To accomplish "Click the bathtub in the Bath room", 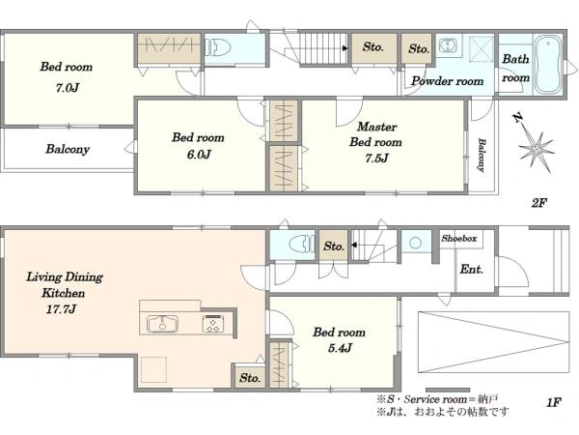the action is point(546,65).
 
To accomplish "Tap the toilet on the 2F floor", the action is point(218,47).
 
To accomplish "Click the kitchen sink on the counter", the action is point(162,324).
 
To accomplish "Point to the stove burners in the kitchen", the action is point(212,324).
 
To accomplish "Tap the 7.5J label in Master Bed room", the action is point(376,159).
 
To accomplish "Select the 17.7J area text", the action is point(61,309).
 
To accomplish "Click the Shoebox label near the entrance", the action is point(459,239).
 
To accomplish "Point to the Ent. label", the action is point(472,269).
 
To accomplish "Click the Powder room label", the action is point(447,81).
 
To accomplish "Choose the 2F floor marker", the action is point(539,203).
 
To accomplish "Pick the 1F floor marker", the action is point(554,402).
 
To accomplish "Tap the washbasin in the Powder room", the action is point(448,45).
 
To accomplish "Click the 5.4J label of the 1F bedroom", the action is point(340,348).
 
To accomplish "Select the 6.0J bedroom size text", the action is point(199,155).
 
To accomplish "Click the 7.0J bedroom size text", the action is point(68,88).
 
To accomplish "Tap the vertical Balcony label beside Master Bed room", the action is point(482,155).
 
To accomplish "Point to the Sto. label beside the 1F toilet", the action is point(334,246).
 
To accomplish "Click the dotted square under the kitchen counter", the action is point(154,369).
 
